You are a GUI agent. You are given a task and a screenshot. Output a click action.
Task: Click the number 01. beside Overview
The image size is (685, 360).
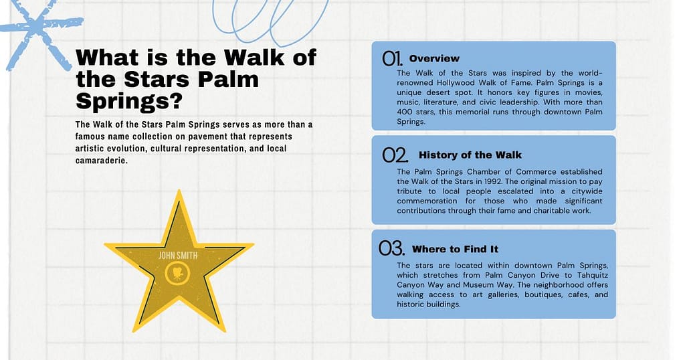coord(393,58)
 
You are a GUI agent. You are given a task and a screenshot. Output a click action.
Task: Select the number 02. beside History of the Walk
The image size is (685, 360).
coord(395,155)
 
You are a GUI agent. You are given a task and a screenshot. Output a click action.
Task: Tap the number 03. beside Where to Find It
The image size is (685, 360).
coord(392,249)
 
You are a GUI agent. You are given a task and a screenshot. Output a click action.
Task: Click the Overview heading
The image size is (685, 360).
coord(434,58)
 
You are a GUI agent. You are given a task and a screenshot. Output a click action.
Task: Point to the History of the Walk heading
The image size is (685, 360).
coord(470,155)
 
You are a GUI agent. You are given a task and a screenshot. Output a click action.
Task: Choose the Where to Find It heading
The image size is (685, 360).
coord(455,249)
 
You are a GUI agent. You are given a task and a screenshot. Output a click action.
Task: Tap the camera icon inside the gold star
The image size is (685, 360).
coord(179,272)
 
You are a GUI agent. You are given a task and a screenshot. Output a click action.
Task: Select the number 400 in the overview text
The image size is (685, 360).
coord(406,112)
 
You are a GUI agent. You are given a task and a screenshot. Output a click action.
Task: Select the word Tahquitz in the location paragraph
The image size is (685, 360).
coord(586,275)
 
